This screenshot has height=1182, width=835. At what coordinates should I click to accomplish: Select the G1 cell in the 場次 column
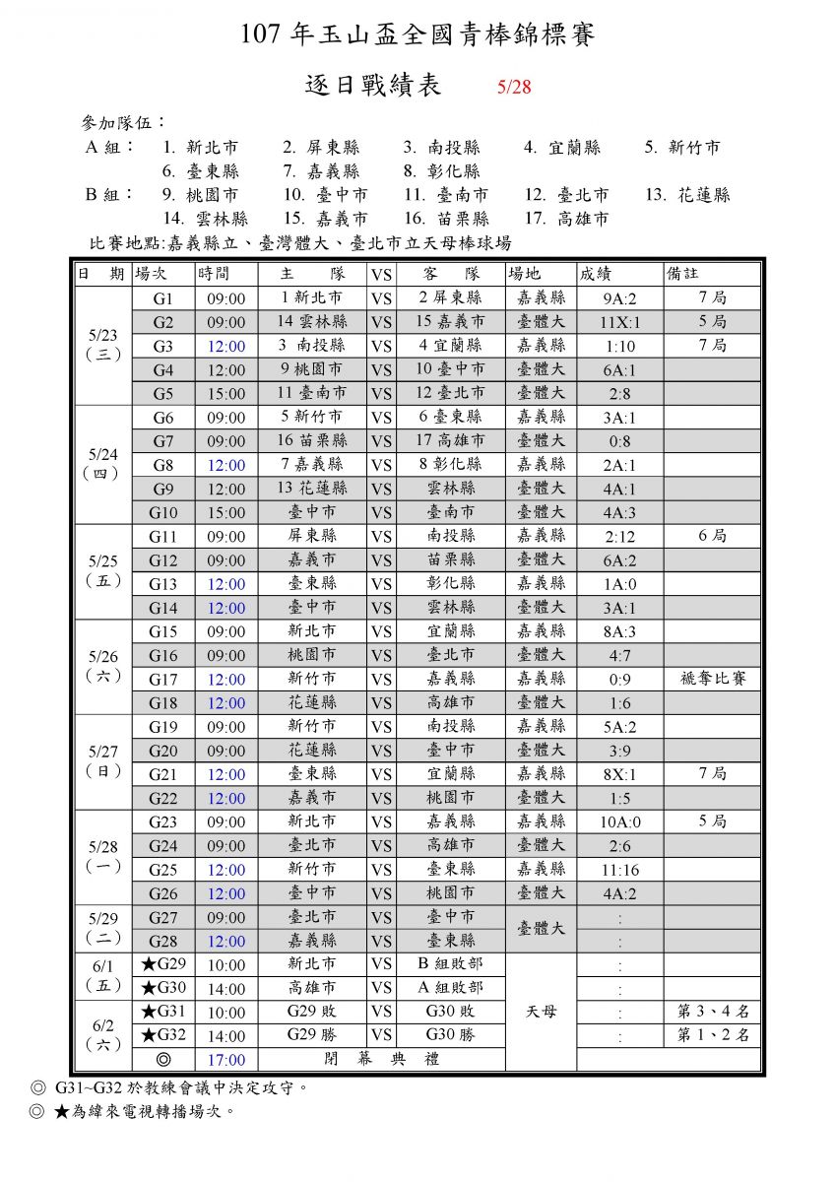[x=162, y=297]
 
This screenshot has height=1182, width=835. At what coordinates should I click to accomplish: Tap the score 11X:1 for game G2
[x=619, y=322]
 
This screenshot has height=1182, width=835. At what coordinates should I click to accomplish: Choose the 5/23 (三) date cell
[x=103, y=344]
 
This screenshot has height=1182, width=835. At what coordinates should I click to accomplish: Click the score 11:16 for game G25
[x=619, y=870]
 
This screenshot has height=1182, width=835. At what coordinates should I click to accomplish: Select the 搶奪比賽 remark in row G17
[x=712, y=679]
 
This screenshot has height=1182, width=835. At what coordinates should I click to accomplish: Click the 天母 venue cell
[x=541, y=1012]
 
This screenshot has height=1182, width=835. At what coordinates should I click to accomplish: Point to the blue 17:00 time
[x=226, y=1060]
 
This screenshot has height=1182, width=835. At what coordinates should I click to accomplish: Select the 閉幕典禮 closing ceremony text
[x=381, y=1060]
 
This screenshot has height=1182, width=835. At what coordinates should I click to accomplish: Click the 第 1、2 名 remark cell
[x=712, y=1035]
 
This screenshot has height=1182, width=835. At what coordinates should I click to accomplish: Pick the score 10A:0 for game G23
[x=619, y=821]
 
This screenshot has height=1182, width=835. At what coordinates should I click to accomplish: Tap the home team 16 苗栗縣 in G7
[x=312, y=440]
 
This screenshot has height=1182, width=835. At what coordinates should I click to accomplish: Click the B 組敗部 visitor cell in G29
[x=449, y=963]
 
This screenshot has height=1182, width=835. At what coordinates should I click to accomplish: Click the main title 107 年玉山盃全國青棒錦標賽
[x=417, y=36]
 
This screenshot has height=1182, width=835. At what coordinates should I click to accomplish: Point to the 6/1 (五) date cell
[x=103, y=975]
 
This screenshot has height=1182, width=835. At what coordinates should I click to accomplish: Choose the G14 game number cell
[x=162, y=608]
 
